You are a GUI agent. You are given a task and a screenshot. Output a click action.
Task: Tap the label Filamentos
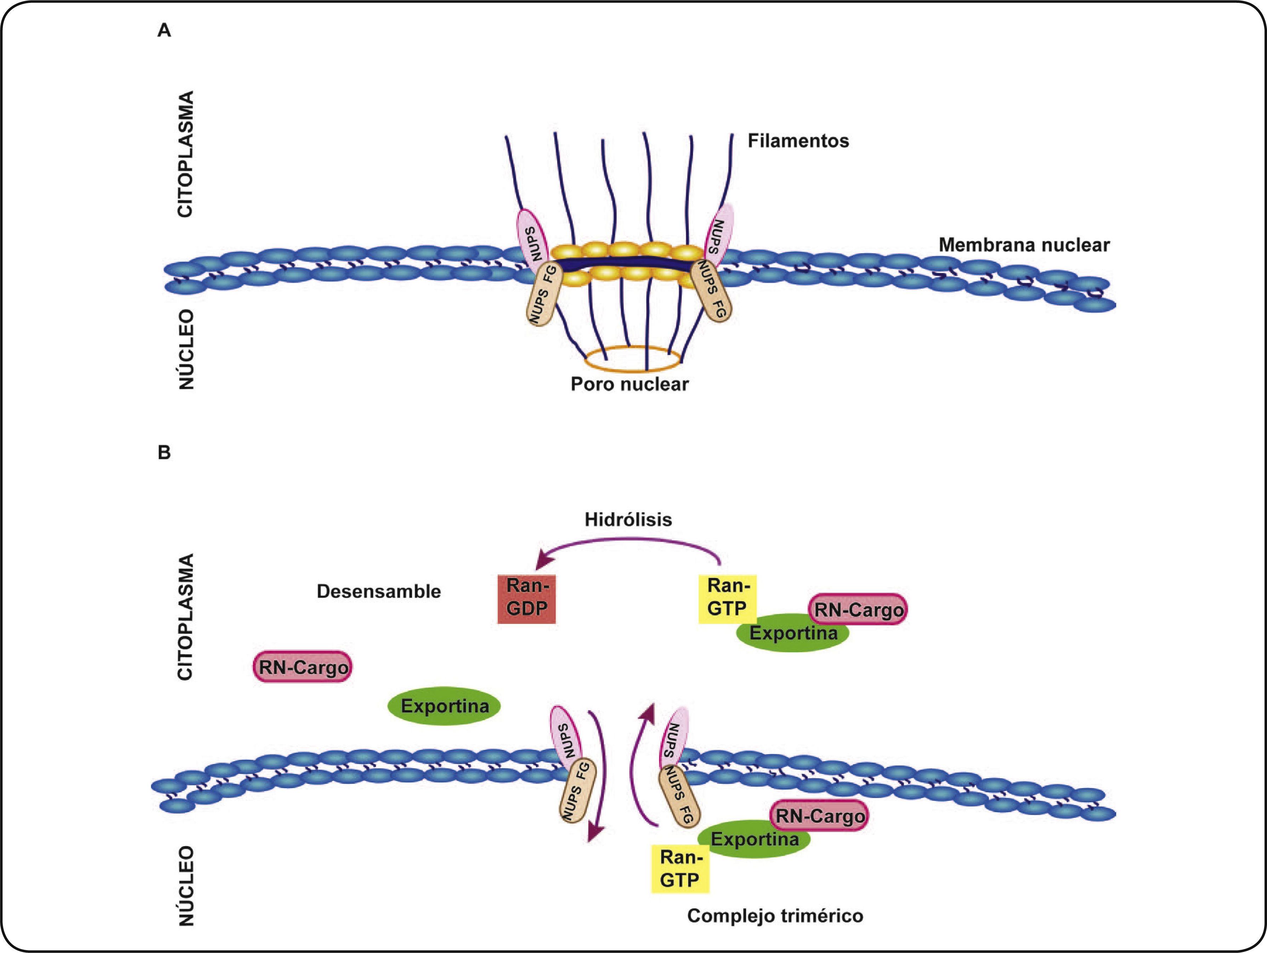[798, 141]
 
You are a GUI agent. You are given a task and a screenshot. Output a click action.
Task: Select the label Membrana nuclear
[1024, 245]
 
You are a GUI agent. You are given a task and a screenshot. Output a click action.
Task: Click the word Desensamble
[379, 591]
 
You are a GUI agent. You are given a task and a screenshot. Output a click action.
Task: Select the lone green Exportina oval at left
[444, 706]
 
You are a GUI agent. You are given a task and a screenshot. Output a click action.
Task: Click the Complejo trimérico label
[775, 916]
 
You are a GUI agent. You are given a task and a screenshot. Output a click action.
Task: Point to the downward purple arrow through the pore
[599, 779]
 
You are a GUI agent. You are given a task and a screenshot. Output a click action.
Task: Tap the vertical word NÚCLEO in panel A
[186, 350]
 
